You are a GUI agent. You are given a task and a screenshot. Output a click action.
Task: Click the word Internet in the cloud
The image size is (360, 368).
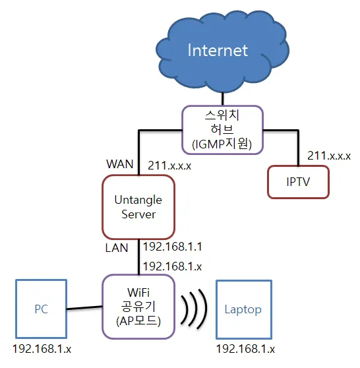click(218, 50)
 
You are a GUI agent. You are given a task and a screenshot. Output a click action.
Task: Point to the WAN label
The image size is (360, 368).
click(120, 164)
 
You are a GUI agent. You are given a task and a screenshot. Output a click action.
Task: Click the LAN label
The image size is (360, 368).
click(117, 248)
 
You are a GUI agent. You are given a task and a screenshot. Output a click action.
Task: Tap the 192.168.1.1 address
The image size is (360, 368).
click(173, 247)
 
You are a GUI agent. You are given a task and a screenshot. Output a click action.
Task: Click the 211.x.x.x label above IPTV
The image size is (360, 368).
click(329, 156)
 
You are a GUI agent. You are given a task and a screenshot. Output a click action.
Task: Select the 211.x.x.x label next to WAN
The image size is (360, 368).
click(169, 166)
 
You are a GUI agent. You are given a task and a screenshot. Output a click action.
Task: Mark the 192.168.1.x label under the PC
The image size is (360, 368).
click(42, 349)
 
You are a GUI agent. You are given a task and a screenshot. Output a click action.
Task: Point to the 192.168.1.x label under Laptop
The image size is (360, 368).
click(245, 349)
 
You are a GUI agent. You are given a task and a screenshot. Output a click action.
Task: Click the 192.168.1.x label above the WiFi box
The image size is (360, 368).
click(173, 266)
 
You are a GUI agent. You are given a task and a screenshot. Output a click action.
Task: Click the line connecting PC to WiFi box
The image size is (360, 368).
click(84, 308)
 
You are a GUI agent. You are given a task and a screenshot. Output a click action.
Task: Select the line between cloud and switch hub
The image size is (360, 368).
click(222, 98)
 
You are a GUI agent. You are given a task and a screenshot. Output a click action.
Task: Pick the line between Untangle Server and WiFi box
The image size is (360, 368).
click(138, 257)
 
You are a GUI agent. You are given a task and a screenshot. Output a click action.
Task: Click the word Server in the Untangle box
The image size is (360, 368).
click(138, 214)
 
